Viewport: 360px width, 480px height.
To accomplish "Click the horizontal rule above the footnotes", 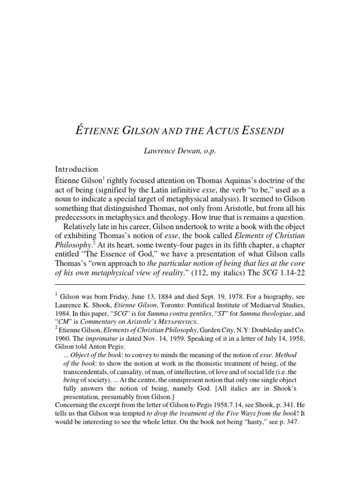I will (180, 284).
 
